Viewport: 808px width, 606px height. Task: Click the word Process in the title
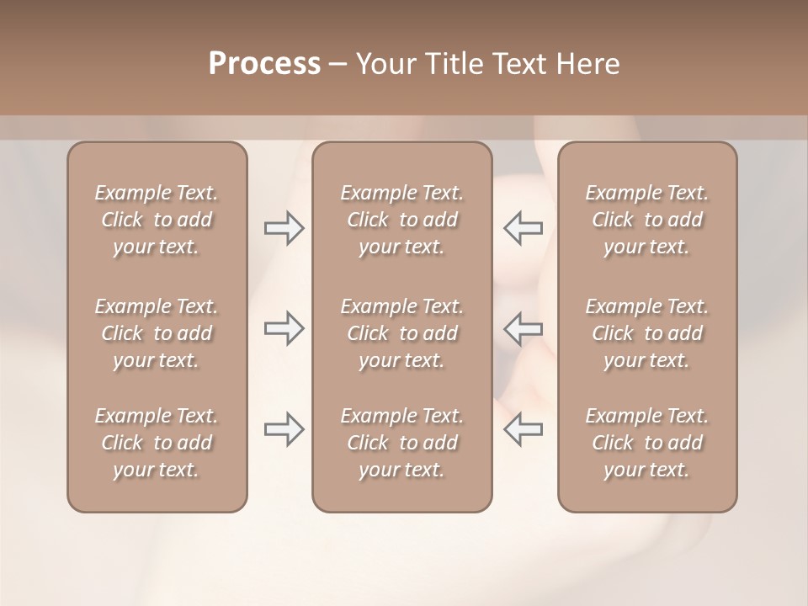(x=264, y=64)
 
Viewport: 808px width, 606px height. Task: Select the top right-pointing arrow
(x=284, y=227)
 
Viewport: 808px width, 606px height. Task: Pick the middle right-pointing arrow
(x=284, y=328)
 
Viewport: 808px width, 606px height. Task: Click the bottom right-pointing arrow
(x=284, y=429)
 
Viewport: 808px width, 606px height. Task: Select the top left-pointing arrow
(x=523, y=227)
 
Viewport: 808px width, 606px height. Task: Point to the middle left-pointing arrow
(x=523, y=328)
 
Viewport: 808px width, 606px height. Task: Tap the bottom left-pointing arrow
(x=523, y=429)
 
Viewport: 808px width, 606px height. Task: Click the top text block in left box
(x=157, y=220)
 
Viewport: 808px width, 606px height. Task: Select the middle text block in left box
(x=157, y=333)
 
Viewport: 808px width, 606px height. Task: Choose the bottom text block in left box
(x=157, y=443)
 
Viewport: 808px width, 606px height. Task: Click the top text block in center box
(x=401, y=220)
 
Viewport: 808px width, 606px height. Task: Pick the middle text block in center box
(x=401, y=333)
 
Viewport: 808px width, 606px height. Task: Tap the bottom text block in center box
(x=401, y=443)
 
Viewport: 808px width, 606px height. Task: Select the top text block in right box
(x=646, y=220)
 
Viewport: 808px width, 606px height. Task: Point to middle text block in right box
(x=646, y=333)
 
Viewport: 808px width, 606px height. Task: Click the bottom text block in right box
(x=646, y=443)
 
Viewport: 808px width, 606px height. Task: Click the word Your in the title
(x=385, y=64)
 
